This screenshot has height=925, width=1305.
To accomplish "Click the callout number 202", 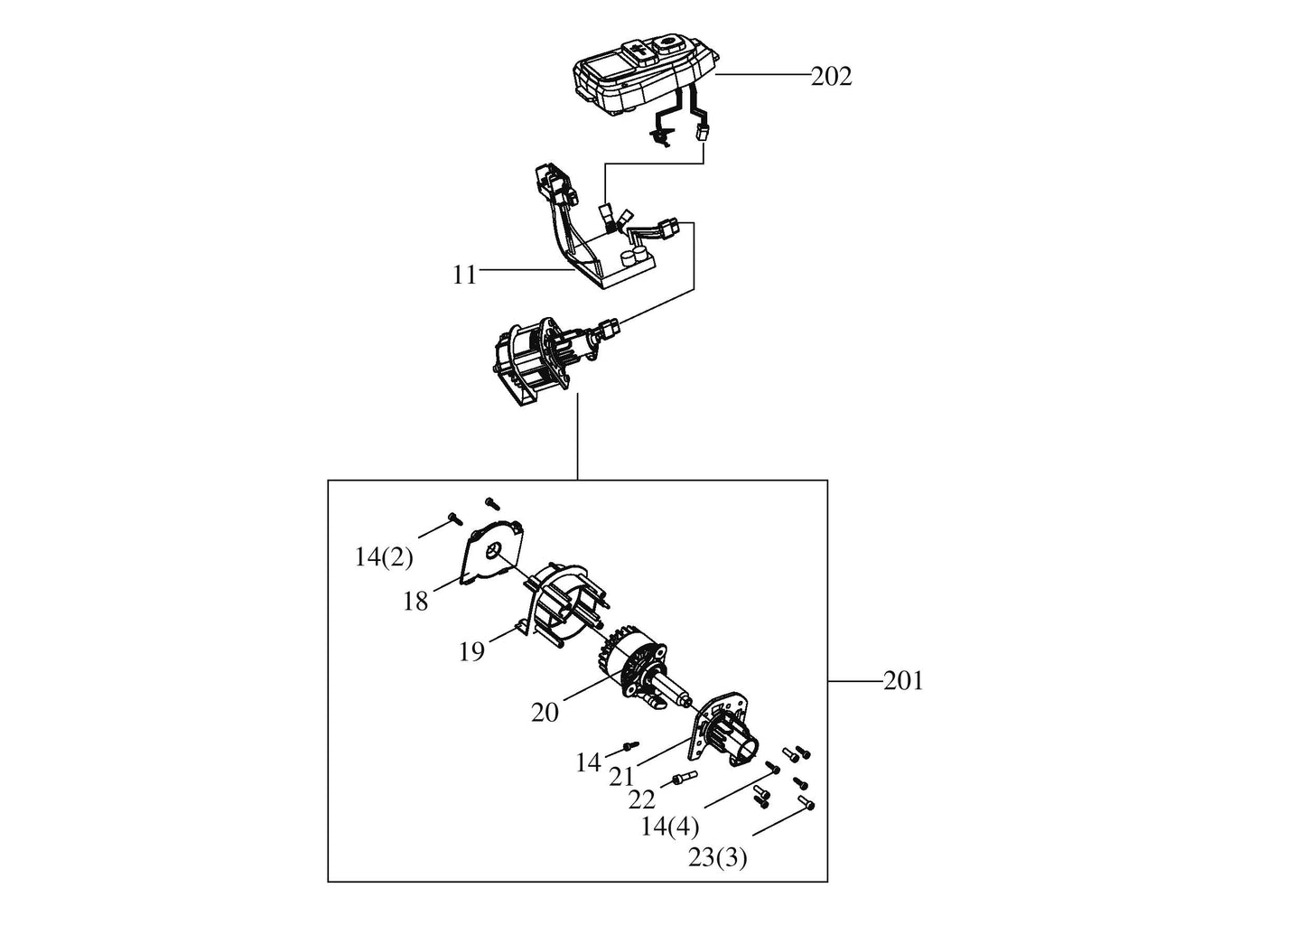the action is [832, 77].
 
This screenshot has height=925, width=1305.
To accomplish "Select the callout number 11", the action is [464, 276].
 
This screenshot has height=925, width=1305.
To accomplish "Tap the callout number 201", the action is [903, 681].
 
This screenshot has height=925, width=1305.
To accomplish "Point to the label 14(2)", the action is [384, 557].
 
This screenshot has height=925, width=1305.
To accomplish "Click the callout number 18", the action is [415, 601].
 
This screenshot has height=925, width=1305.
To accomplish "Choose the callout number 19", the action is [471, 651].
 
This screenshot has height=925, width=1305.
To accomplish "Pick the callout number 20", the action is [545, 712].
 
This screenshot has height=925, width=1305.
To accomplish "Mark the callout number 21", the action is [621, 776].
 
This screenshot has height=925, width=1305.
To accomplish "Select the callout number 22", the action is [641, 800].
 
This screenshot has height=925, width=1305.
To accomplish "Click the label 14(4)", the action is [669, 826].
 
